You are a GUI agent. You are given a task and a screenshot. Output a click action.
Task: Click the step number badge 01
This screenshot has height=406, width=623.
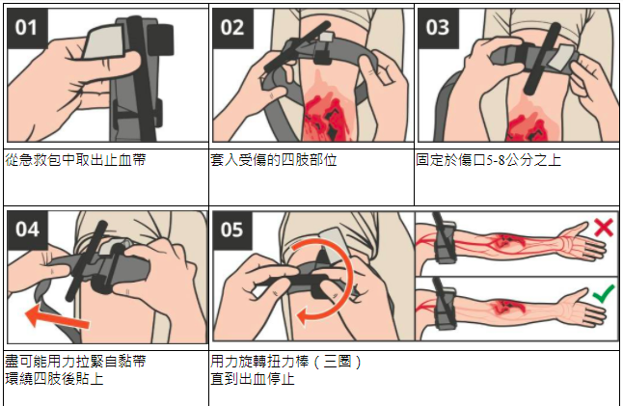coord(27,28)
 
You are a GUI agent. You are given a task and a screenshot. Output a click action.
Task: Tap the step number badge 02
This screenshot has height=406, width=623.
coord(232,28)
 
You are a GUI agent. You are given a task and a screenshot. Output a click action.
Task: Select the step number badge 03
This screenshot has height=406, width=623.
coord(438,28)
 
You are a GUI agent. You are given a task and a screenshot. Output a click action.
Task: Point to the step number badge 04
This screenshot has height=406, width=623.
coord(27,230)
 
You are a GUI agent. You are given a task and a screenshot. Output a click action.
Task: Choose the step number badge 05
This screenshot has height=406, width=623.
coord(232,230)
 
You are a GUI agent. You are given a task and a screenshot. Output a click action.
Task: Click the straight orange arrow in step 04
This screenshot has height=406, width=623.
coord(57,316)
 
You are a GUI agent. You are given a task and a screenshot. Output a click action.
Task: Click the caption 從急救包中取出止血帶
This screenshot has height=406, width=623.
coord(75,160)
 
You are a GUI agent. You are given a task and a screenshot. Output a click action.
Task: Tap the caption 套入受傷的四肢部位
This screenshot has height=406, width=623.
coord(273,160)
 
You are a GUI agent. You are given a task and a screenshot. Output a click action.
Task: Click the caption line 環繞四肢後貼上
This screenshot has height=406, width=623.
coord(54,379)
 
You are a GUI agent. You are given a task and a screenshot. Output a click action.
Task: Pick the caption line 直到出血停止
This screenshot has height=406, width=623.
coord(253,379)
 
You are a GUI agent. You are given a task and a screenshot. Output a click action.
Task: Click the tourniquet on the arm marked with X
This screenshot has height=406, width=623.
coord(443,238)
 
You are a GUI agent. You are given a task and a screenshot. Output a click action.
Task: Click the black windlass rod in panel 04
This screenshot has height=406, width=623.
coord(87,260)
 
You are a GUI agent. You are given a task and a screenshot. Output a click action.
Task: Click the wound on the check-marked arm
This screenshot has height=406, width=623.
coord(505,307)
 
